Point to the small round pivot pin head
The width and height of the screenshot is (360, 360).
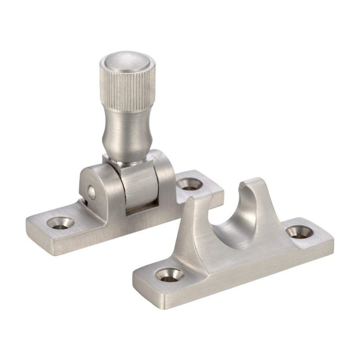click(x=91, y=192)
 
